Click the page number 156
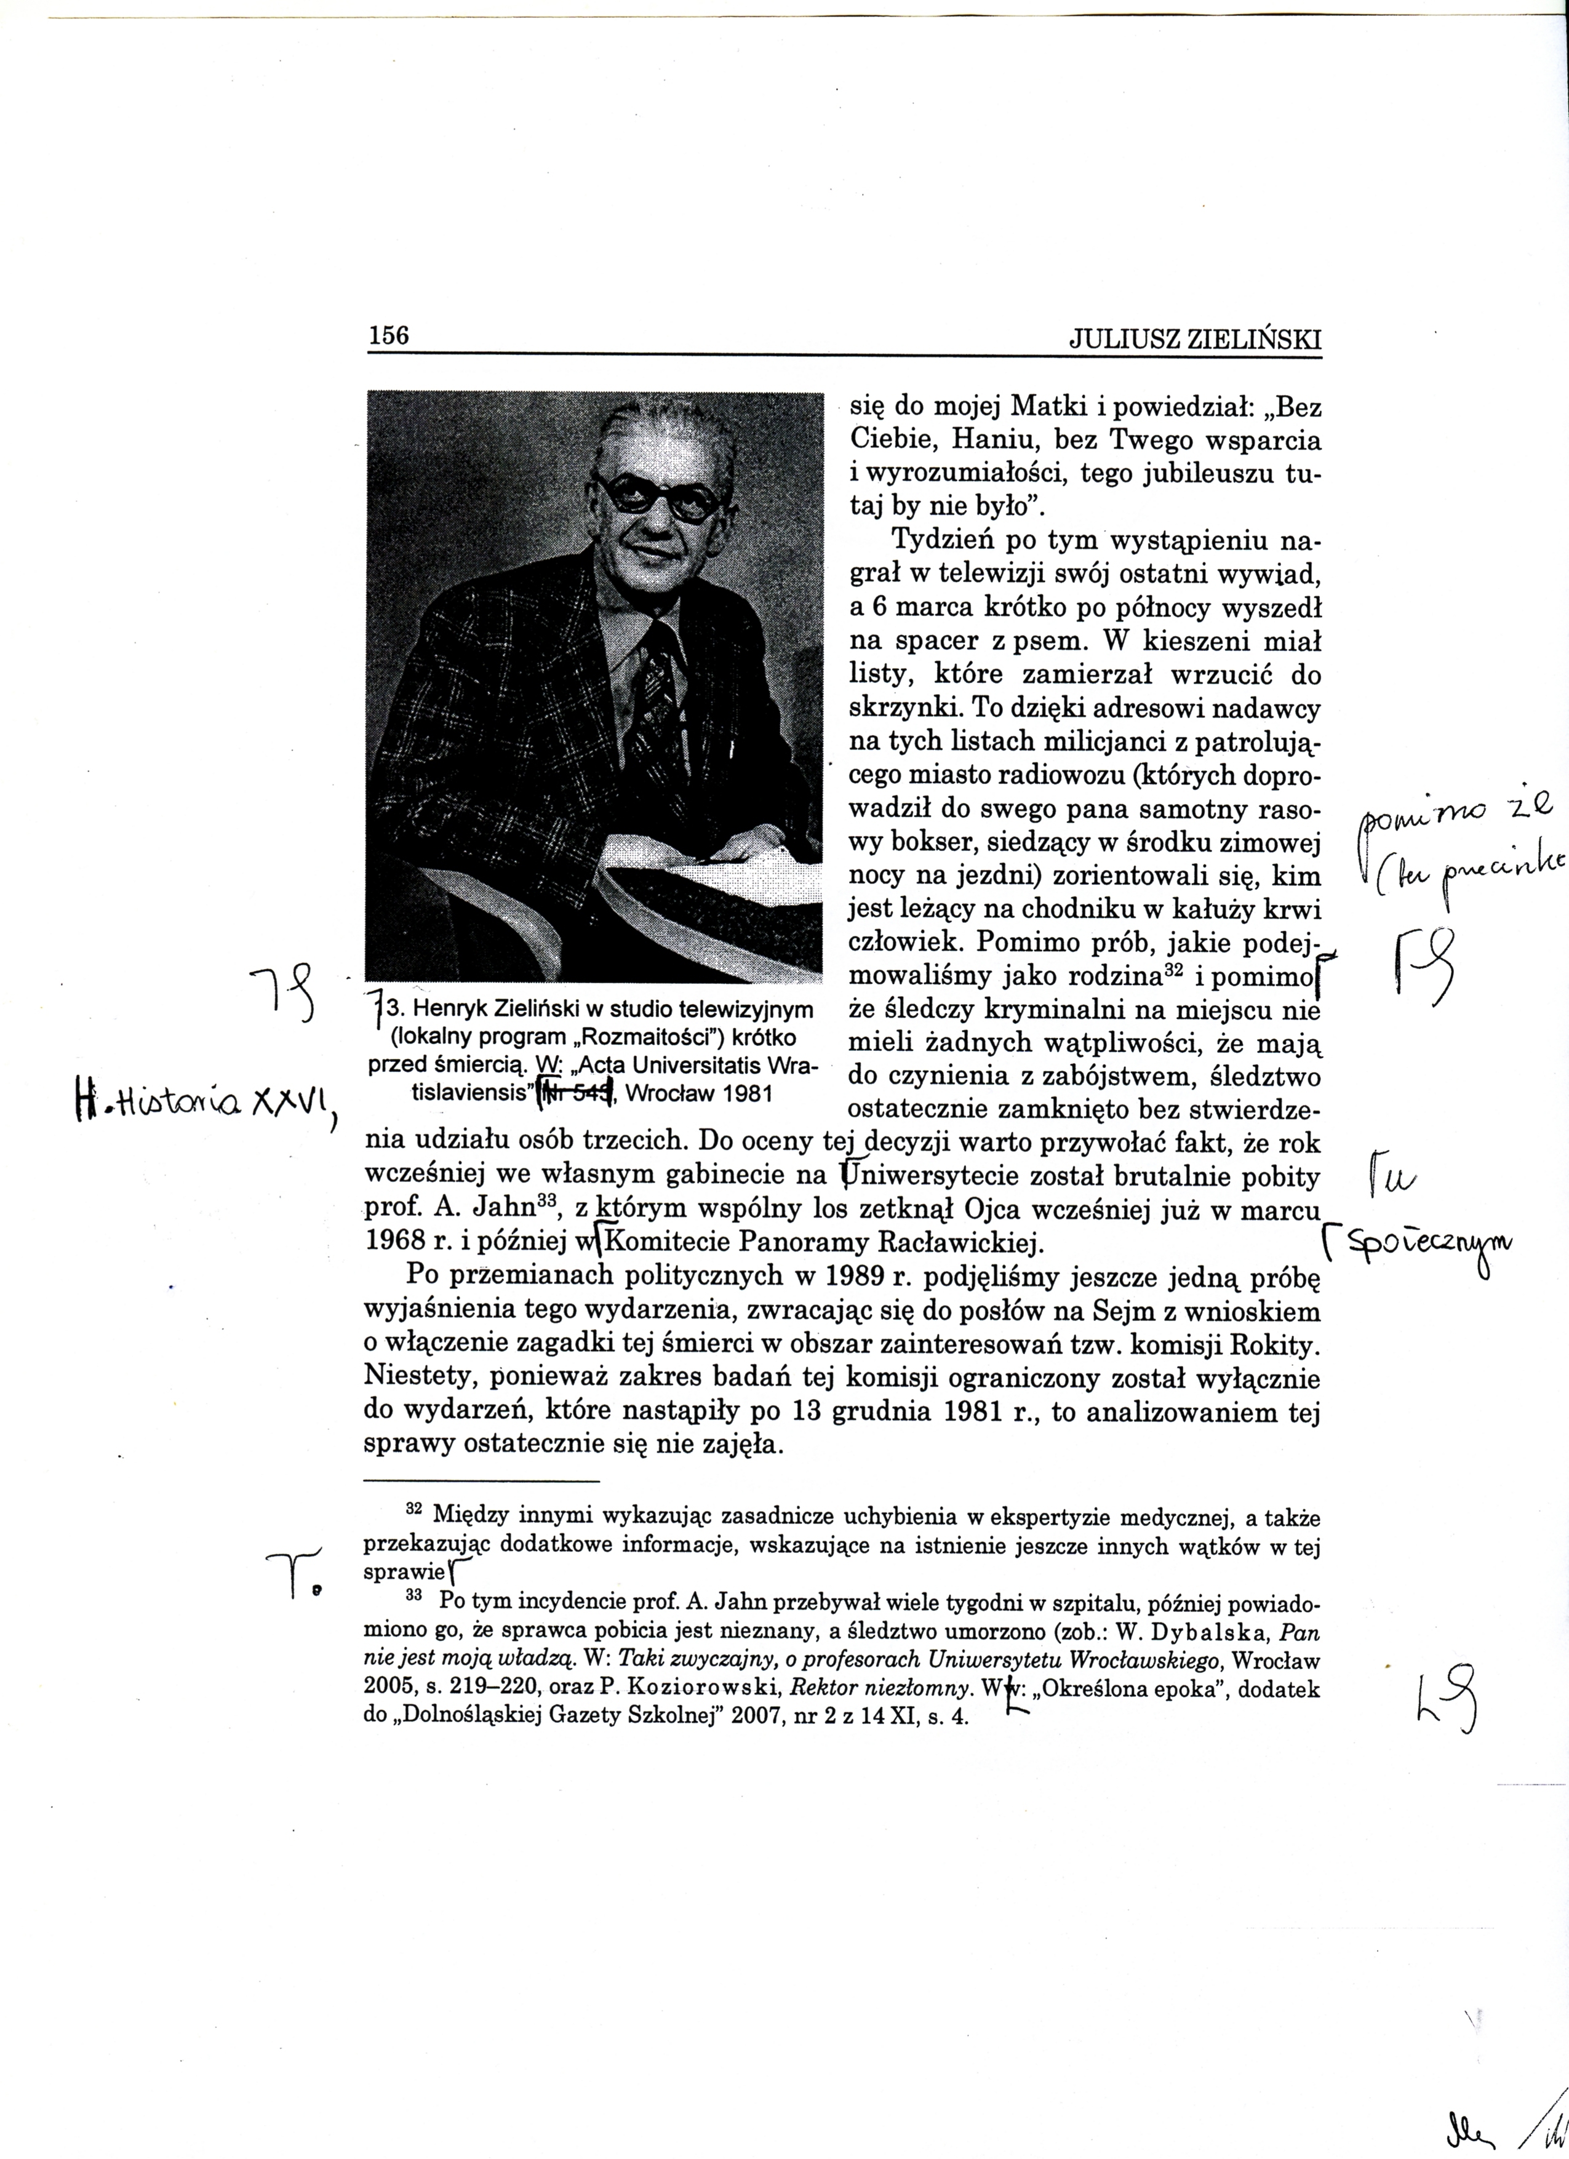(x=388, y=335)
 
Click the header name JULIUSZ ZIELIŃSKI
(x=1196, y=339)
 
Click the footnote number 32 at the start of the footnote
(x=414, y=1510)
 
